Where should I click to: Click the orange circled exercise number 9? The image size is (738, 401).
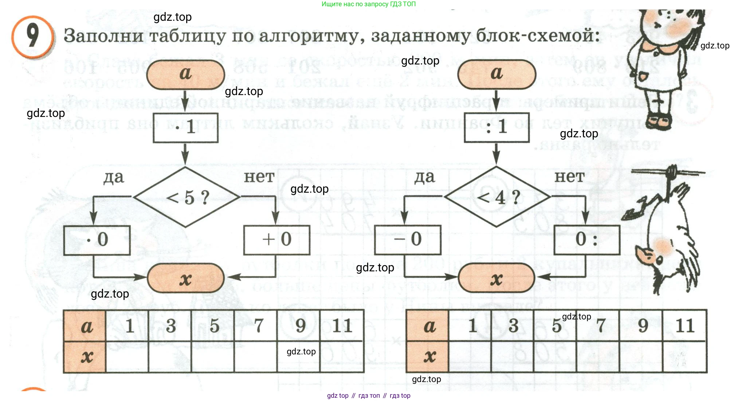coord(33,36)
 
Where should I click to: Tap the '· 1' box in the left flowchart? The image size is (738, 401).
coord(185,127)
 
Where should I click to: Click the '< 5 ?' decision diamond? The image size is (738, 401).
coord(186,197)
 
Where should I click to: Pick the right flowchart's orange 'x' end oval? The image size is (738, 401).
coord(496,278)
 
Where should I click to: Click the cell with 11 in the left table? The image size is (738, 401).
coord(342,326)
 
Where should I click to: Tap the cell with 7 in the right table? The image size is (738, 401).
coord(598,326)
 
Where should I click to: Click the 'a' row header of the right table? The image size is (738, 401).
coord(428,326)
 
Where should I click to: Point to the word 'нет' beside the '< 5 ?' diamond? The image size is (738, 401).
coord(259,177)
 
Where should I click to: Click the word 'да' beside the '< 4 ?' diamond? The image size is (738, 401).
coord(425,177)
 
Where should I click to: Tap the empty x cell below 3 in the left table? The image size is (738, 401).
coord(170,357)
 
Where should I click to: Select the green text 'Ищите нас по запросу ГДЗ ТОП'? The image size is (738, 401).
coord(368,4)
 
